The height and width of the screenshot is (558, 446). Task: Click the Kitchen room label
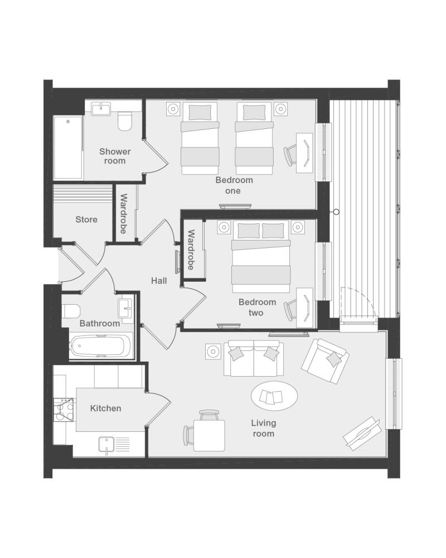(105, 408)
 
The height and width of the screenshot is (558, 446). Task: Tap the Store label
(86, 219)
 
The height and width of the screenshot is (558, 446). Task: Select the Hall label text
(159, 281)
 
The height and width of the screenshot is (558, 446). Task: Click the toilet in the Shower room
(124, 122)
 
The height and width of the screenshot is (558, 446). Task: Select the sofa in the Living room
(254, 358)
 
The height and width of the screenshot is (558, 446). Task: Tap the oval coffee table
(274, 396)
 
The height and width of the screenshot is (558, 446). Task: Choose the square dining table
(209, 436)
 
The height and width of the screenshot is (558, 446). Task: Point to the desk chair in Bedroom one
(291, 155)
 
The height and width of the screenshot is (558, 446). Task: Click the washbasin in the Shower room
(101, 109)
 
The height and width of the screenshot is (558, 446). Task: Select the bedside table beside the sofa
(213, 352)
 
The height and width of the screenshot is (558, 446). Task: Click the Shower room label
(115, 156)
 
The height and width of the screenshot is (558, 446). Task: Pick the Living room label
(264, 428)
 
